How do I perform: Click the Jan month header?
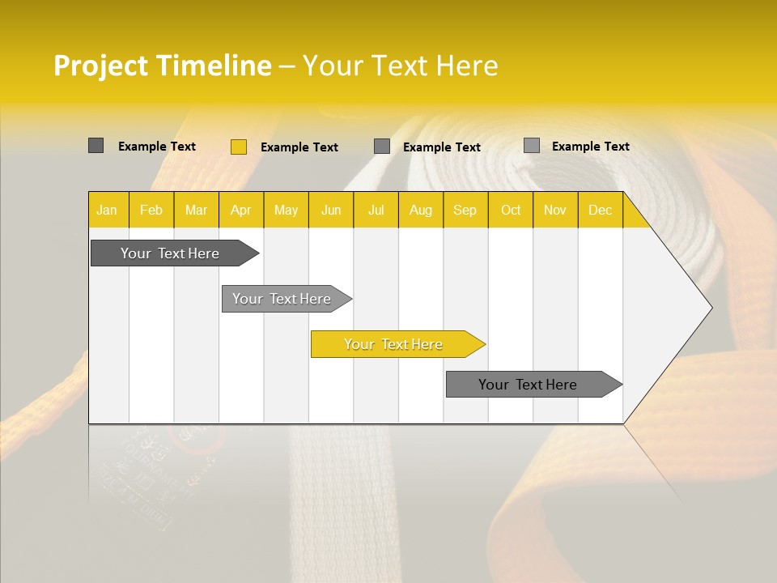(107, 210)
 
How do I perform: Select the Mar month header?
(196, 210)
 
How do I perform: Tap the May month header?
(286, 210)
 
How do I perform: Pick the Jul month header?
(376, 210)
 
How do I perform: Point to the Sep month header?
(465, 210)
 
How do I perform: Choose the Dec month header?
(600, 210)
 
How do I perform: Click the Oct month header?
(511, 210)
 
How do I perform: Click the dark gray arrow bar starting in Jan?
(170, 253)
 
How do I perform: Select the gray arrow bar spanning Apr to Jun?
(282, 299)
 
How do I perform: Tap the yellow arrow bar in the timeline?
(393, 344)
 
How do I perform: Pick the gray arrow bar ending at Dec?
(528, 385)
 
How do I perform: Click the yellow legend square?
(238, 147)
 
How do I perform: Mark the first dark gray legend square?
(96, 146)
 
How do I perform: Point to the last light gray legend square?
(531, 146)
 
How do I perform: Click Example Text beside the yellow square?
(299, 147)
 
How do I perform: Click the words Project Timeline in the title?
(162, 66)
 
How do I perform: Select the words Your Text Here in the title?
(400, 66)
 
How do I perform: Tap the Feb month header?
(151, 210)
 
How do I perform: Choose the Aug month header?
(420, 210)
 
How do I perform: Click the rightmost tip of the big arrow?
(711, 308)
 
